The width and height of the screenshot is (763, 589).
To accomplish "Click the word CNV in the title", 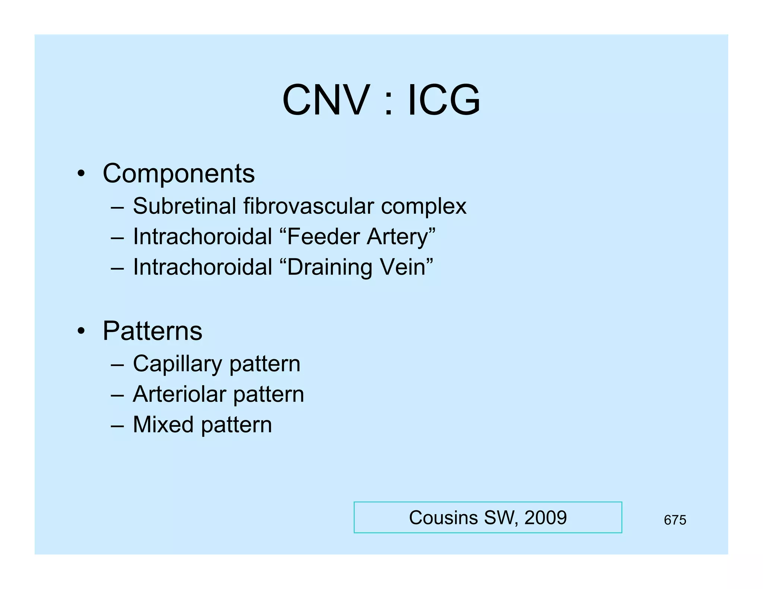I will (x=326, y=100).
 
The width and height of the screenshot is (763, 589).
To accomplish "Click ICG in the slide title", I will (x=444, y=100).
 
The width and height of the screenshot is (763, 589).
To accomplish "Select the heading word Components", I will (x=178, y=173).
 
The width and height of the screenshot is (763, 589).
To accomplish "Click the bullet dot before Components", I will (x=81, y=174).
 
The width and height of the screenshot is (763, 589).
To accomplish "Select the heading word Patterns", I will (x=152, y=331).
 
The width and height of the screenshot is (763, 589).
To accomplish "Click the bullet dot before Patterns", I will (x=81, y=331).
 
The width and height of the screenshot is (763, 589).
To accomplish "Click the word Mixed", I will (x=163, y=424).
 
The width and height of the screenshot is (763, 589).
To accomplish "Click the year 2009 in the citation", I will (x=545, y=518).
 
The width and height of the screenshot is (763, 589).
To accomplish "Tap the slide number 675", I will (x=675, y=520).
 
